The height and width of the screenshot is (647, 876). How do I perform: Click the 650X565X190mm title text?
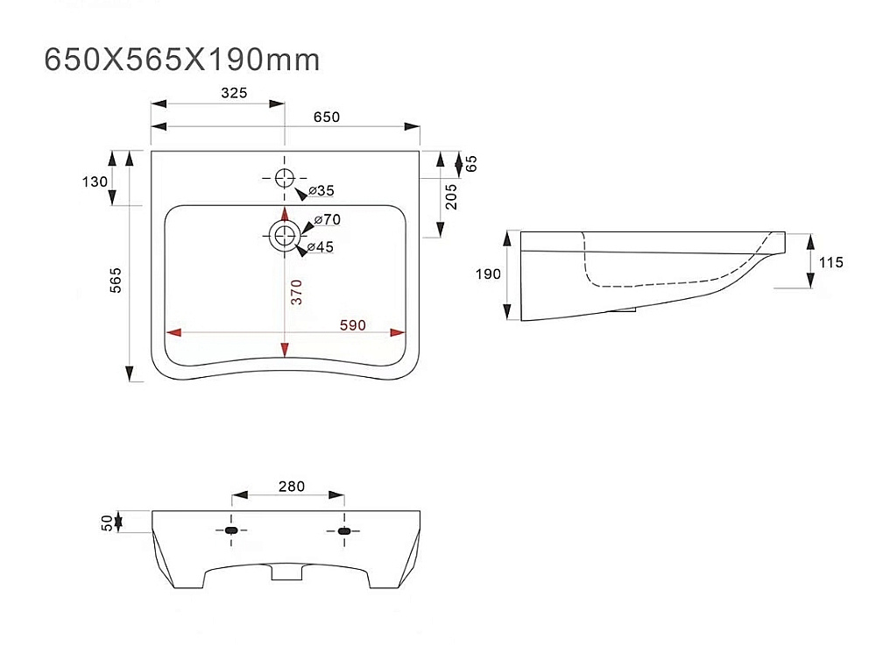pos(182,60)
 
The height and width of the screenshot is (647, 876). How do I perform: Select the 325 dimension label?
pos(234,93)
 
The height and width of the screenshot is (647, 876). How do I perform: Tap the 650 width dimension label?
pos(327,117)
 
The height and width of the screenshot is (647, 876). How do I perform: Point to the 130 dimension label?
pos(95,181)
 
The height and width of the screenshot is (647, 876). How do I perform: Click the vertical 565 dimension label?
pos(115,281)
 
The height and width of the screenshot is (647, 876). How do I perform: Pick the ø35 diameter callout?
pos(321,191)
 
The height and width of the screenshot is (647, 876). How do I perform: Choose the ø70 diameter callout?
pos(328,220)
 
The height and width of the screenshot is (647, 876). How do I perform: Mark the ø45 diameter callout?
pos(320,246)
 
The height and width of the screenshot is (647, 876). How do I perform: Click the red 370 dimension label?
pos(296,292)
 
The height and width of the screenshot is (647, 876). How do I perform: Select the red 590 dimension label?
pos(352,325)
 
